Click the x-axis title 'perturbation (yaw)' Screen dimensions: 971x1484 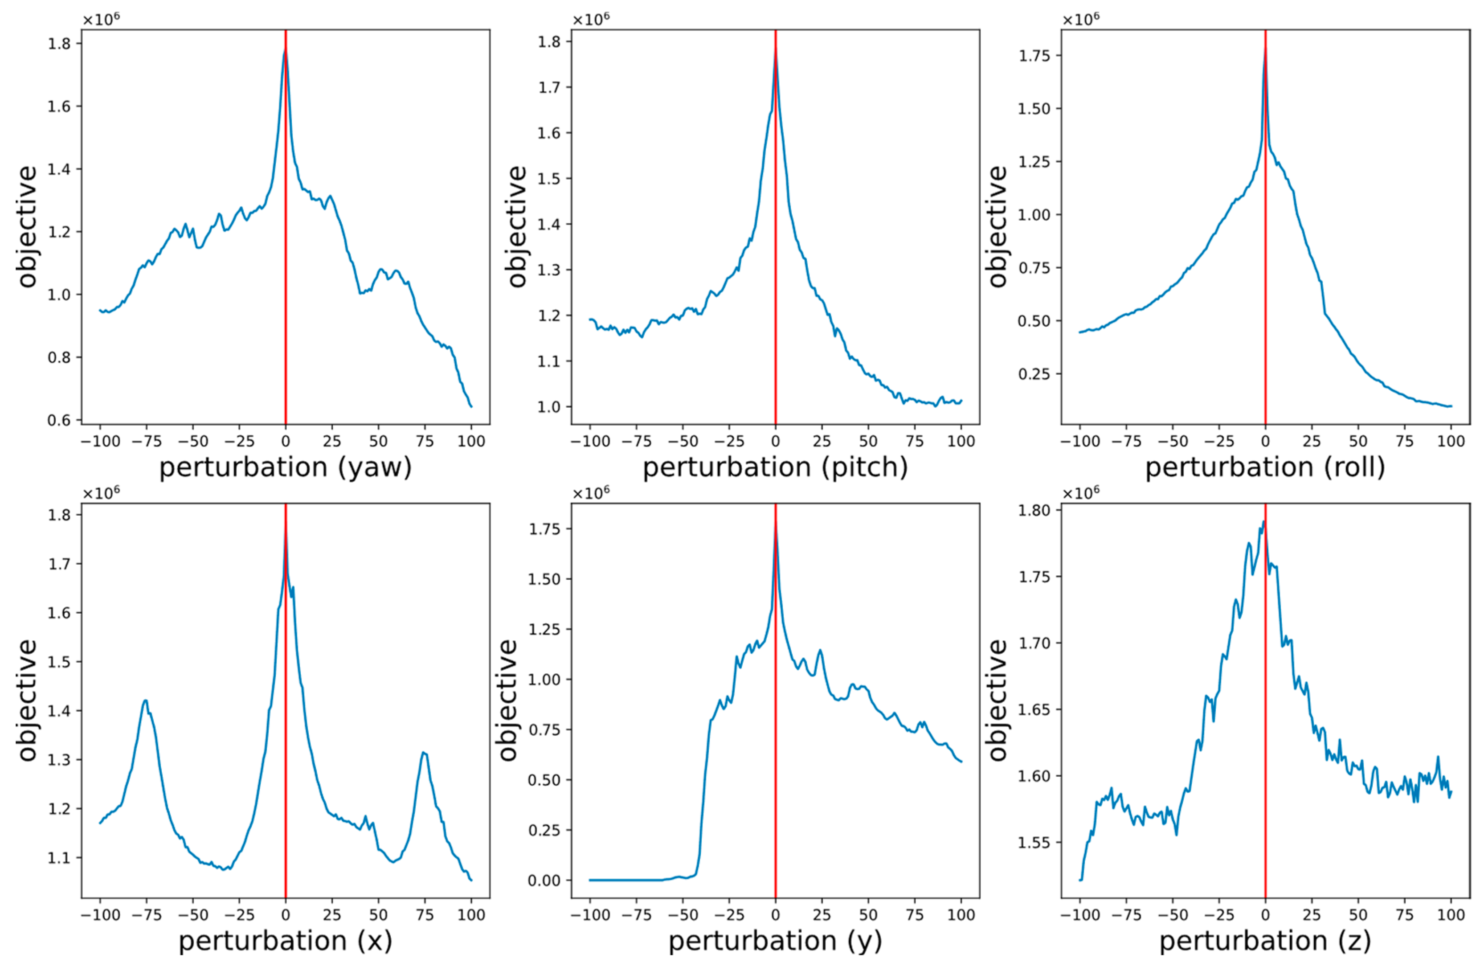tap(285, 467)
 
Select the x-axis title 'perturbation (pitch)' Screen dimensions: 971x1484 tap(775, 467)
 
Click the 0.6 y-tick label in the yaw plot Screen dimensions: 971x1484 tap(59, 420)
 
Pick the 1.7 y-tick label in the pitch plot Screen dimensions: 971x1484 tap(549, 87)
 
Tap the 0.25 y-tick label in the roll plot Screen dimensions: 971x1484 tap(1034, 374)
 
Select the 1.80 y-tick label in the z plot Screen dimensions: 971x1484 tap(1034, 510)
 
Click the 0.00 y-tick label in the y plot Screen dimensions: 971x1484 tap(544, 881)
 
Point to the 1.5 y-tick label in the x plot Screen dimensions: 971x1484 tap(59, 662)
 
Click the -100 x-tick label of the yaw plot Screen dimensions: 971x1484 tap(100, 442)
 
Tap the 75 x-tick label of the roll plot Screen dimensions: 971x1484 tap(1405, 442)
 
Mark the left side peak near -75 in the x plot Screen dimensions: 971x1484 tap(145, 701)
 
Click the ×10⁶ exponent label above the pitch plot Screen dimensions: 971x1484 tap(590, 19)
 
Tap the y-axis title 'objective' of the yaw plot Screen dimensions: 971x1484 tap(27, 226)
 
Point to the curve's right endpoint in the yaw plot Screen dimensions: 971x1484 tap(471, 406)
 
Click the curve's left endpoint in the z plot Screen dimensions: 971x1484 tap(1080, 880)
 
